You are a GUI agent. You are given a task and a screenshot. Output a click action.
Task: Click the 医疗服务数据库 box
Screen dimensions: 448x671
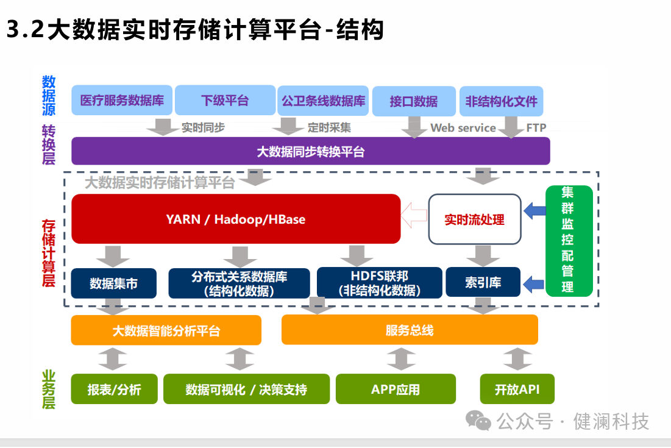pos(122,101)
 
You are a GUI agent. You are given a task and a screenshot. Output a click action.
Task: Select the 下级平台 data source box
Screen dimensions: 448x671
pos(225,101)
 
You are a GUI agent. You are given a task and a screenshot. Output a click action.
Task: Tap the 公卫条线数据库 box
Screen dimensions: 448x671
pos(323,101)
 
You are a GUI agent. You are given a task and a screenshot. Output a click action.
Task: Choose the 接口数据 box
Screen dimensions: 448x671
pos(414,101)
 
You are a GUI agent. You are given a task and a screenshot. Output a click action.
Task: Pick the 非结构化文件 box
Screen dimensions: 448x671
pos(501,101)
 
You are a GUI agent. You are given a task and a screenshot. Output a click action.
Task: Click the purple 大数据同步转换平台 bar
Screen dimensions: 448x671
pos(310,151)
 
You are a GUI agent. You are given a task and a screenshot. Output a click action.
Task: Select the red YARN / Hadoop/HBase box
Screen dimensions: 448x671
pos(236,219)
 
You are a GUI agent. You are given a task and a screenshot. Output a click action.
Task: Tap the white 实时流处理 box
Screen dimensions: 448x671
pos(475,219)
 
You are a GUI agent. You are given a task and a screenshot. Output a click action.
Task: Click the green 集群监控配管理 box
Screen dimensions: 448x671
pos(568,241)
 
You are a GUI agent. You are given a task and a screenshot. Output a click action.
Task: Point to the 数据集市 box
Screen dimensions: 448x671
pos(113,283)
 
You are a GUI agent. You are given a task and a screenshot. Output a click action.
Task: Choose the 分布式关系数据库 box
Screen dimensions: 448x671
pos(239,283)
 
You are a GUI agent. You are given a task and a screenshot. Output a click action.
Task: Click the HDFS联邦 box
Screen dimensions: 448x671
pos(379,283)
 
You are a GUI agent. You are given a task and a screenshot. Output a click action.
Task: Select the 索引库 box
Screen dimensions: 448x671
pos(483,283)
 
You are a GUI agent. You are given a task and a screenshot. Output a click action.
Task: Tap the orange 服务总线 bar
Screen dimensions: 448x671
pos(410,330)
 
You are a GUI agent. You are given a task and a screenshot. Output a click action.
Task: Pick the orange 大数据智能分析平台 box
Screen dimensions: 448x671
pos(166,330)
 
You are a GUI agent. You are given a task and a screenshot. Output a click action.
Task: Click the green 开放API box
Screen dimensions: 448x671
pos(517,389)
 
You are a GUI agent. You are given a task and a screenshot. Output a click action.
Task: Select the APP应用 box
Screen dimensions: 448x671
pos(396,389)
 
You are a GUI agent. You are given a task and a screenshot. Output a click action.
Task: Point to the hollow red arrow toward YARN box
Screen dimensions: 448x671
pos(414,215)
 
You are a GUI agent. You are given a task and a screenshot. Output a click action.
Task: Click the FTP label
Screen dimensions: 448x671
pos(536,128)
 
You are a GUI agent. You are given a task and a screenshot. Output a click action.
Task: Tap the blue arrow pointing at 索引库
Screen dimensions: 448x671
pos(534,283)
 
